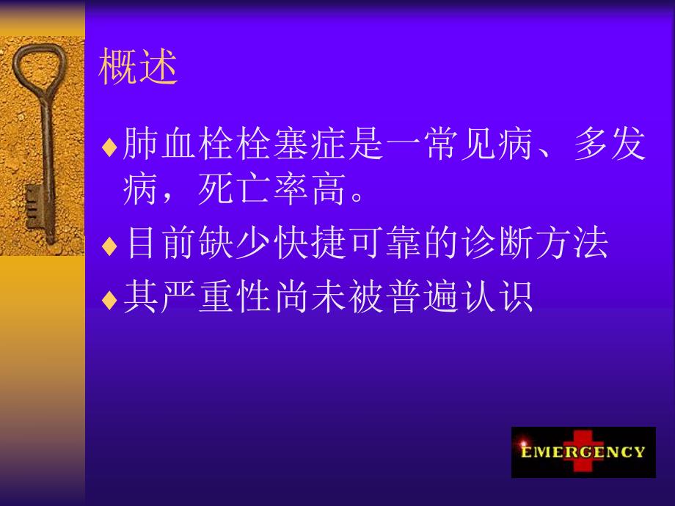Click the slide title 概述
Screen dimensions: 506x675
pyautogui.click(x=138, y=68)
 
